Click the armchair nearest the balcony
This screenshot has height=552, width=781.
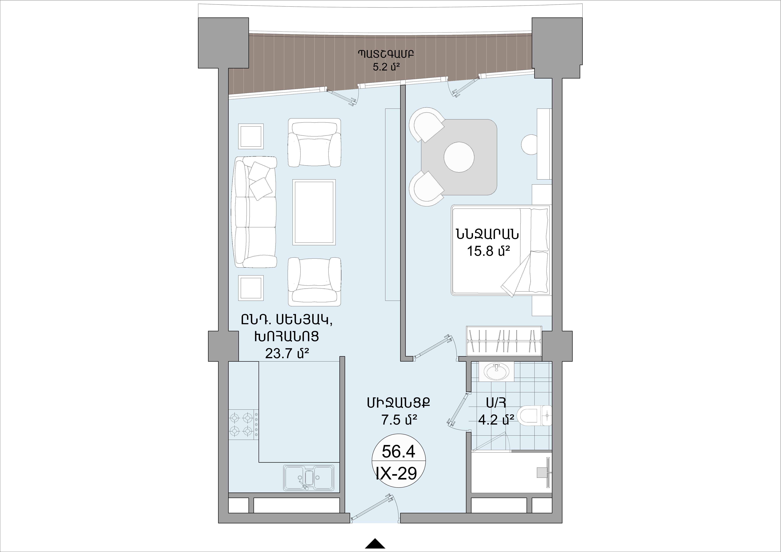[314, 143]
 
